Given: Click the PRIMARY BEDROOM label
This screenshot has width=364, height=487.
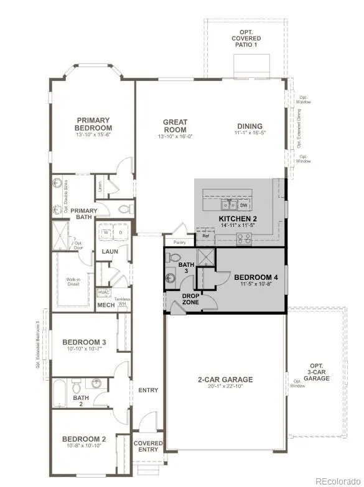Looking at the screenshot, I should tap(93, 124).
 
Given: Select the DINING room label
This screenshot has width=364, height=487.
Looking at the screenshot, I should tap(249, 126).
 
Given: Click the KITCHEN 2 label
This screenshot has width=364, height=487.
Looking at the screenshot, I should tap(237, 220).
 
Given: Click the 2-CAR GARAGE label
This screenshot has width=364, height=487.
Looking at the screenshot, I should tap(225, 379).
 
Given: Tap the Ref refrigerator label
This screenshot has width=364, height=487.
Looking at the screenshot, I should tap(205, 236).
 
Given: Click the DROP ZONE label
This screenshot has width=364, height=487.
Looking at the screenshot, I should tap(190, 299).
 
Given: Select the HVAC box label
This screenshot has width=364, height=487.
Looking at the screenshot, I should tap(103, 292).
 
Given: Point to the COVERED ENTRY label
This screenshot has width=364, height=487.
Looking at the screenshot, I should tap(148, 447).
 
